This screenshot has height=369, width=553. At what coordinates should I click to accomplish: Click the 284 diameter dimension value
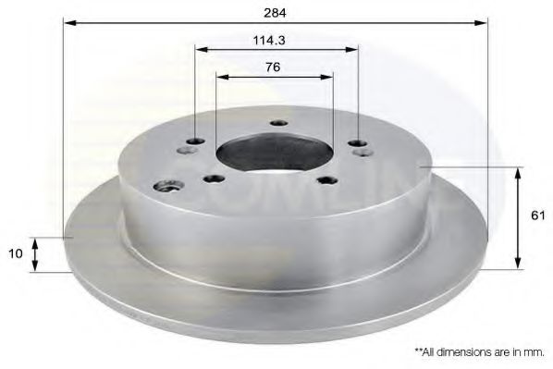pyautogui.click(x=274, y=13)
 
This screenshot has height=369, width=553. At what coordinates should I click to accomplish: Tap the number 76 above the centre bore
pyautogui.click(x=273, y=67)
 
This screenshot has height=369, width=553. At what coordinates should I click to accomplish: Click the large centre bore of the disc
pyautogui.click(x=274, y=152)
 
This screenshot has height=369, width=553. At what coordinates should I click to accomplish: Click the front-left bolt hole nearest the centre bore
pyautogui.click(x=215, y=178)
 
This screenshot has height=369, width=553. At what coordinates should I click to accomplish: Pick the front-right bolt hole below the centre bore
pyautogui.click(x=326, y=179)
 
